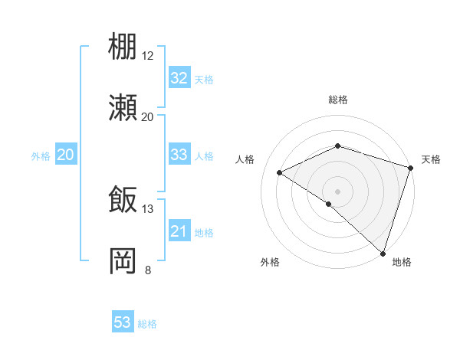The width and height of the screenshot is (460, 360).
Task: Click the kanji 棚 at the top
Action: coord(123,47)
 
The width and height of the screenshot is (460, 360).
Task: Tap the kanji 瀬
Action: coord(123,108)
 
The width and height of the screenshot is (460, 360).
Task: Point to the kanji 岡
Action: coord(123,260)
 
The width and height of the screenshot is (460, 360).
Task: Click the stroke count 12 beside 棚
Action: coord(147,56)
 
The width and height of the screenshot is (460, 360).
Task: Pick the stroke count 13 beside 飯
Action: coord(147,208)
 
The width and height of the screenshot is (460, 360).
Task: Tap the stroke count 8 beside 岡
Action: coord(147,270)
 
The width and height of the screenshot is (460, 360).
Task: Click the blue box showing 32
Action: coord(179,78)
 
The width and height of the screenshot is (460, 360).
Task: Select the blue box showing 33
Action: coord(179,155)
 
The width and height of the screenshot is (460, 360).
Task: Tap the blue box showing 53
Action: coord(123,322)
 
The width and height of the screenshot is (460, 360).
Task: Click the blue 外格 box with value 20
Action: coord(65,155)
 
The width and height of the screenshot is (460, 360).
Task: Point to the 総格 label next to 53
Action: coord(147,324)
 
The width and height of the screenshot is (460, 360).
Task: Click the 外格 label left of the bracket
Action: coord(41,156)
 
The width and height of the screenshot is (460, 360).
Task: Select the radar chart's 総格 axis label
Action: coord(338,100)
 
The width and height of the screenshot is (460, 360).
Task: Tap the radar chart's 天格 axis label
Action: coord(431,159)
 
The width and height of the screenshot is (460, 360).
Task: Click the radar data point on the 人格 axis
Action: coord(280,173)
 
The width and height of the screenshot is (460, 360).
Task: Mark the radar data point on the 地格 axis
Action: coord(383,253)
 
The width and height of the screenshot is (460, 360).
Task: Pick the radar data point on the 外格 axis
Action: coord(329,204)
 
